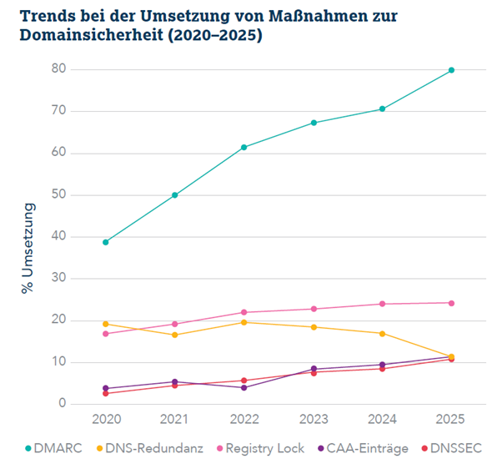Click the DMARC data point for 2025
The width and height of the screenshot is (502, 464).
pyautogui.click(x=451, y=70)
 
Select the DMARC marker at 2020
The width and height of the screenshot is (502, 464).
pyautogui.click(x=105, y=242)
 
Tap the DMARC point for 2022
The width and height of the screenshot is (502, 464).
pyautogui.click(x=243, y=148)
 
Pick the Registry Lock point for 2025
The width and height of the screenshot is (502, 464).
pyautogui.click(x=451, y=303)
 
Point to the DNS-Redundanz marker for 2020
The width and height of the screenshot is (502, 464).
pyautogui.click(x=105, y=324)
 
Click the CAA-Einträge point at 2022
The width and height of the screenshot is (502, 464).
pyautogui.click(x=243, y=387)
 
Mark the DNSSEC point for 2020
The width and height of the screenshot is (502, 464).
pyautogui.click(x=105, y=393)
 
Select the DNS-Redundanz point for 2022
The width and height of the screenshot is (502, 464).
pyautogui.click(x=243, y=322)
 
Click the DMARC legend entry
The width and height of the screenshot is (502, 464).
pyautogui.click(x=53, y=448)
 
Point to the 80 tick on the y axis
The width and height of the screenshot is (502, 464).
pyautogui.click(x=58, y=69)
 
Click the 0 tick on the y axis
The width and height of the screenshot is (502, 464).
pyautogui.click(x=62, y=404)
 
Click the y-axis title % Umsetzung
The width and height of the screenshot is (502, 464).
pyautogui.click(x=29, y=247)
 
